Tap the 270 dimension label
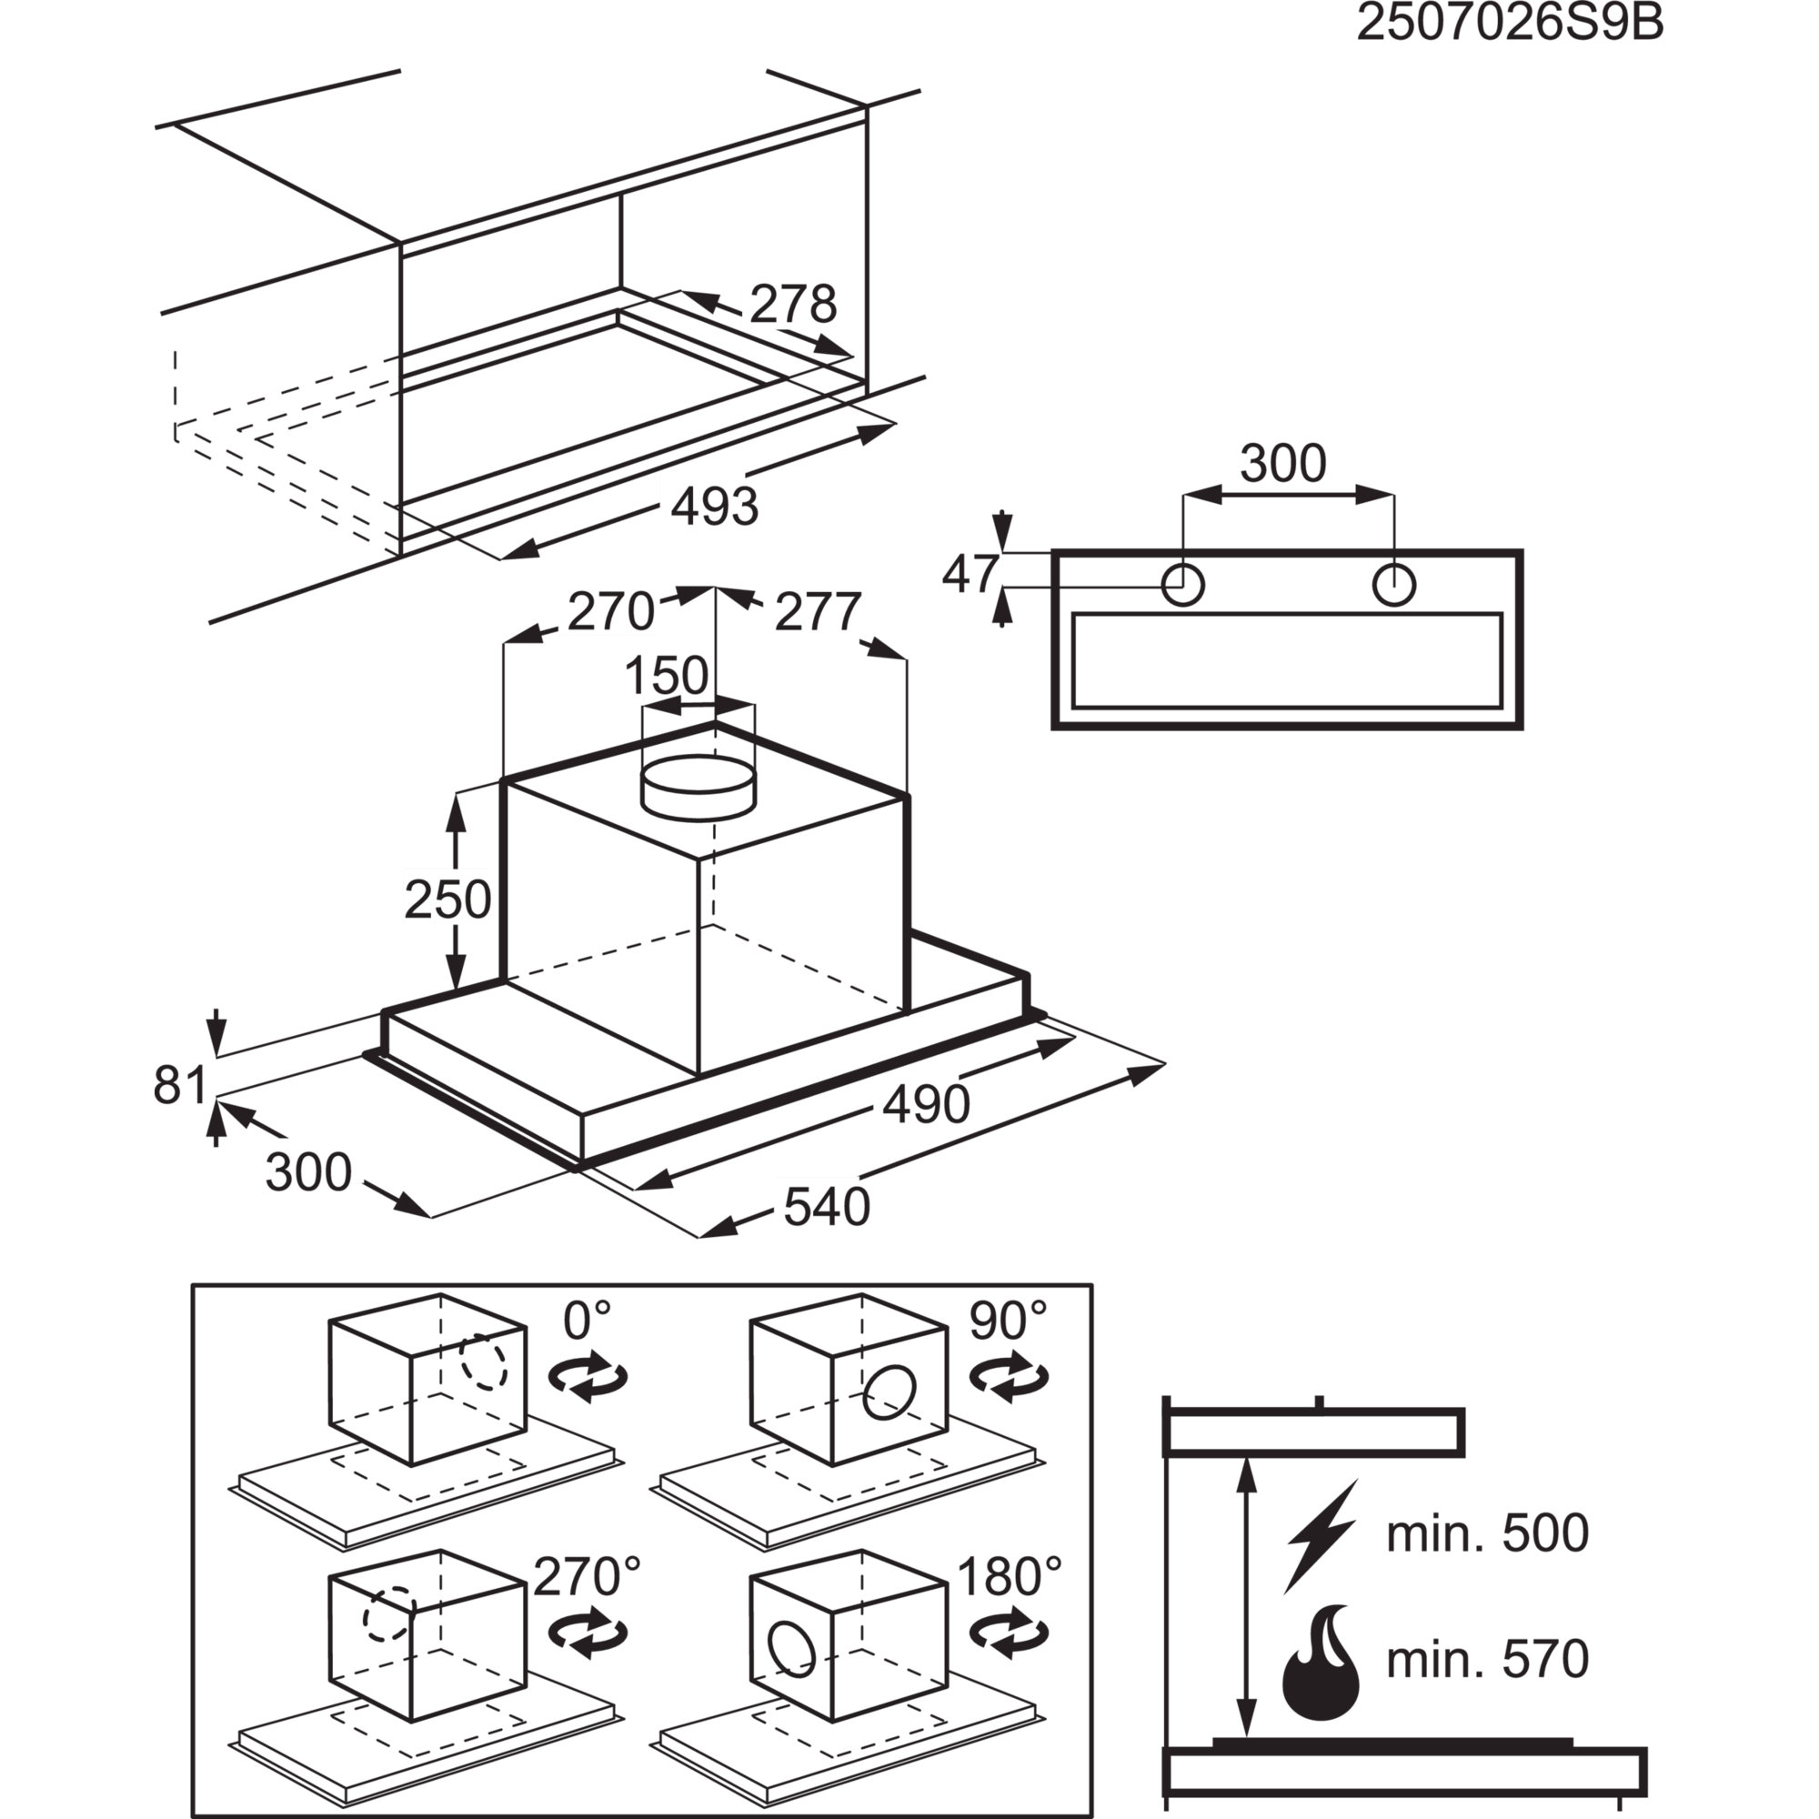point(611,611)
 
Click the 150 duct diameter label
point(668,675)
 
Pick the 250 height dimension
point(447,899)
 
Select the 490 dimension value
point(920,1102)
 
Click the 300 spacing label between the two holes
point(1283,463)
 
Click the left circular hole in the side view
point(1183,585)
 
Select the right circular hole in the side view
point(1393,585)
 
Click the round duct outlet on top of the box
point(698,782)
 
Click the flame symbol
point(1321,1664)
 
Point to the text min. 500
point(1487,1533)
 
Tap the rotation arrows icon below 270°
point(588,1637)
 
